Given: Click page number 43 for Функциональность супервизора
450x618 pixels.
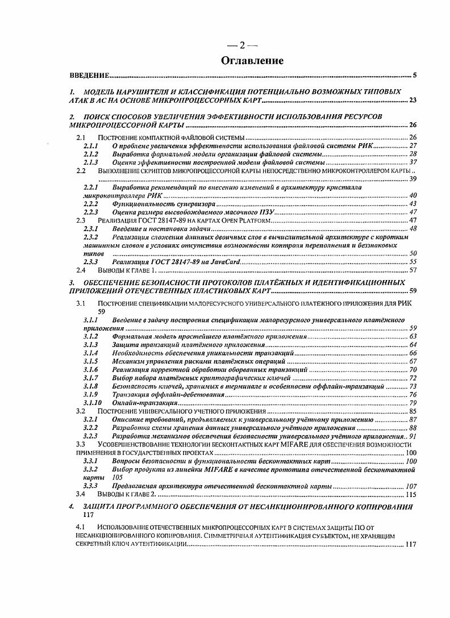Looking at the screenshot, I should coord(413,203).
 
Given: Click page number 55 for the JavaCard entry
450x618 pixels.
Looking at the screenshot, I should coord(413,262).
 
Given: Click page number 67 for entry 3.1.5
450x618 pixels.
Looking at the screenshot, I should coord(413,361).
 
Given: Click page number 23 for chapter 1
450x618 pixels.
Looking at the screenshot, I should coord(413,101).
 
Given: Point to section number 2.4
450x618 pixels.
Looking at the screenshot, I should coord(81,270).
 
